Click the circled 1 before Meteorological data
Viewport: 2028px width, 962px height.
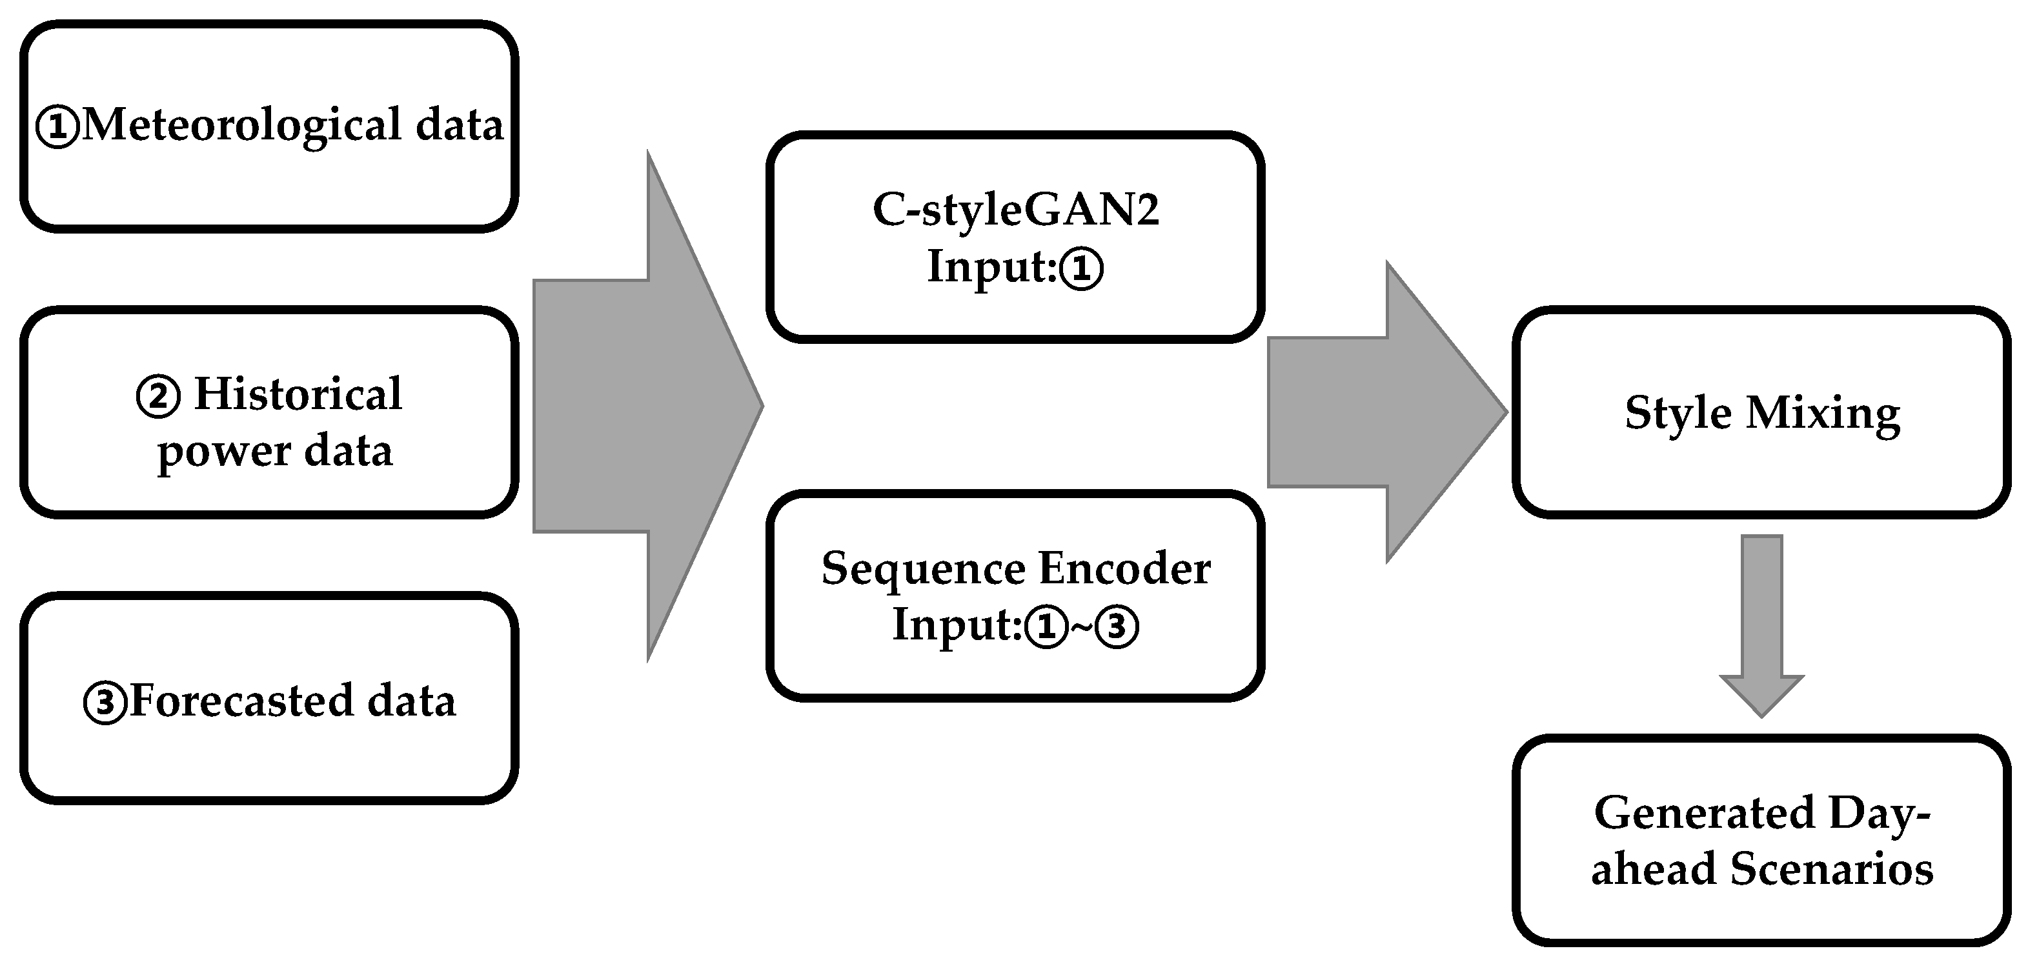coord(57,128)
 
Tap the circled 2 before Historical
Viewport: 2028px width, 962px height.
coord(158,397)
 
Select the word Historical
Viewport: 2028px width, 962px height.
coord(298,394)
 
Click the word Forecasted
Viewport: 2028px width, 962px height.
coord(241,701)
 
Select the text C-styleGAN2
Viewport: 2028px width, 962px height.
coord(1015,210)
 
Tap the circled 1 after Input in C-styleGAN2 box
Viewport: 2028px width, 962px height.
coord(1082,269)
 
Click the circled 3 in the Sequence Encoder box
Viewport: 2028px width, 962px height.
coord(1117,627)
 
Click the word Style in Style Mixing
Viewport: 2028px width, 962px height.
coord(1678,414)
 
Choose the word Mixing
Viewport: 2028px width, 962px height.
coord(1823,414)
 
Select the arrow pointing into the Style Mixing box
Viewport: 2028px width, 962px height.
coord(1386,412)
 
